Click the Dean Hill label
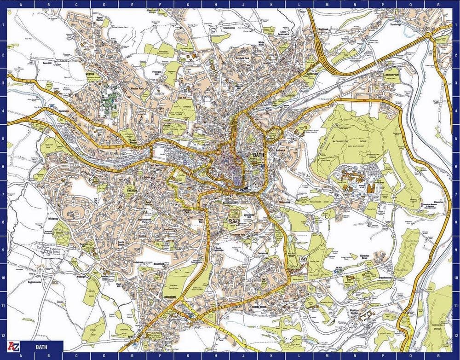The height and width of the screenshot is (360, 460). [x=48, y=63]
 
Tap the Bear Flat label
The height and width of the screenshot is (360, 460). [x=201, y=221]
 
